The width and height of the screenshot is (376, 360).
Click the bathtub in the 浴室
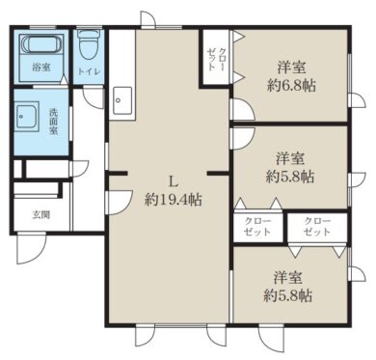tap(41, 44)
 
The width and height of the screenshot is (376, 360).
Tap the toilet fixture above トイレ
tap(89, 44)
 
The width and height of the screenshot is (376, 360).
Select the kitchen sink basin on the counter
tap(122, 100)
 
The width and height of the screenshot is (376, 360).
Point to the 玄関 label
tap(41, 214)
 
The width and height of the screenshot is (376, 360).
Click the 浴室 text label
tap(41, 68)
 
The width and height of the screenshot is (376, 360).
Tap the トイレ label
tap(89, 71)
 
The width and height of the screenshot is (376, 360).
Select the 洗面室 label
tap(53, 122)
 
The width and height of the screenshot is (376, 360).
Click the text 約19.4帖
tap(174, 200)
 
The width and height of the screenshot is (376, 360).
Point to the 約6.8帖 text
tap(291, 86)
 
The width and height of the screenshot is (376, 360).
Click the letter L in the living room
tap(174, 182)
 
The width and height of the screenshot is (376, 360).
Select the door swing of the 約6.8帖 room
tap(243, 109)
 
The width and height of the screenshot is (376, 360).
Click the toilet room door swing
tap(94, 97)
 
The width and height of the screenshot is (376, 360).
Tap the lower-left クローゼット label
tap(257, 227)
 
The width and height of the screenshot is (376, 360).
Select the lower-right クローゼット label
tap(317, 227)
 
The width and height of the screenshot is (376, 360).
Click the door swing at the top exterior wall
tap(148, 18)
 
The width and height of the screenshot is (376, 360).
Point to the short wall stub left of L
tap(118, 174)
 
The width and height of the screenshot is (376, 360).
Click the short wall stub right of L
tap(218, 174)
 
